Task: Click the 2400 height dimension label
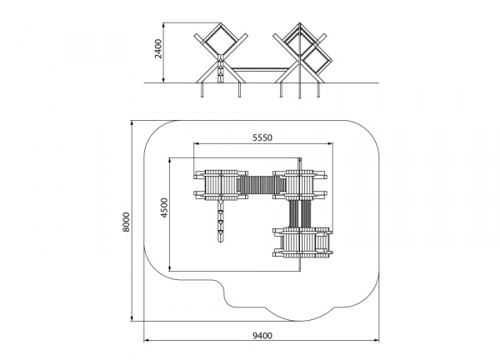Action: pyautogui.click(x=158, y=49)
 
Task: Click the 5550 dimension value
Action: pyautogui.click(x=262, y=137)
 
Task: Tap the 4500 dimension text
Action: pyautogui.click(x=164, y=207)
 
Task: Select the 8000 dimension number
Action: pyautogui.click(x=127, y=222)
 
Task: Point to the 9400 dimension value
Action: pyautogui.click(x=262, y=336)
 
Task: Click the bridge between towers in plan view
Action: pyautogui.click(x=261, y=185)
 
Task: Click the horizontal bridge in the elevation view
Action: pyautogui.click(x=260, y=69)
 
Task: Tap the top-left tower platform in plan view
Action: pyautogui.click(x=221, y=185)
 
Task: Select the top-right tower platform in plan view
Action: pyautogui.click(x=300, y=185)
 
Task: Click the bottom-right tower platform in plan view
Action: pyautogui.click(x=303, y=242)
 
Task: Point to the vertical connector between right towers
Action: pyautogui.click(x=300, y=214)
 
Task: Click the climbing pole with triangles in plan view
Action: pyautogui.click(x=220, y=221)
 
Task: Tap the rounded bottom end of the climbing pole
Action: pyautogui.click(x=220, y=241)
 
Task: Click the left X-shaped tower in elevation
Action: pyautogui.click(x=221, y=53)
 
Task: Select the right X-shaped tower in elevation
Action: pyautogui.click(x=300, y=53)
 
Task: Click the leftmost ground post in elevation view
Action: pyautogui.click(x=202, y=90)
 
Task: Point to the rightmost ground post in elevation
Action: pyautogui.click(x=318, y=90)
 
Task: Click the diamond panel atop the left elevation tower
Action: pyautogui.click(x=221, y=39)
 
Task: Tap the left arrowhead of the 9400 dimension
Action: pyautogui.click(x=146, y=341)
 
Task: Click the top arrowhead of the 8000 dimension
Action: pyautogui.click(x=132, y=123)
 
